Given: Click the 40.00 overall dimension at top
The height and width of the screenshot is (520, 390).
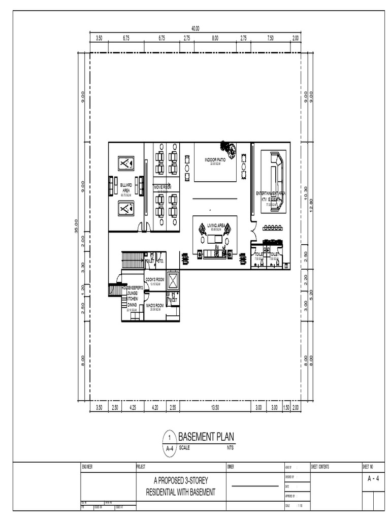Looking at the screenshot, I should coord(195,28).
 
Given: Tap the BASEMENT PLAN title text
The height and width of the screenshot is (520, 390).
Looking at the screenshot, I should coord(206,437).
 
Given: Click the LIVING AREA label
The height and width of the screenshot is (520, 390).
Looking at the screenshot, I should coord(216,225).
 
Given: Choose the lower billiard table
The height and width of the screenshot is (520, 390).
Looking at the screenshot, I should coord(126,208).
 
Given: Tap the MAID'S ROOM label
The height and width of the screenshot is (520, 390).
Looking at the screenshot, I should coord(155,306).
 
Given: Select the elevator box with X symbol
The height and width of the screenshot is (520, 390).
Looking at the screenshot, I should coord(173,279).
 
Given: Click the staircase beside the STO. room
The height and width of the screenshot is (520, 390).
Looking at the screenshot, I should coord(133,260).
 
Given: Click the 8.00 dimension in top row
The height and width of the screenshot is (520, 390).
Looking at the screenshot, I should coord(215,38).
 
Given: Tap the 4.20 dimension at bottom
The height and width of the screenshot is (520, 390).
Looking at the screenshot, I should coord(155,407).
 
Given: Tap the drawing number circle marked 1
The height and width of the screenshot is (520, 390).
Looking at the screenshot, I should coord(169,437).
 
